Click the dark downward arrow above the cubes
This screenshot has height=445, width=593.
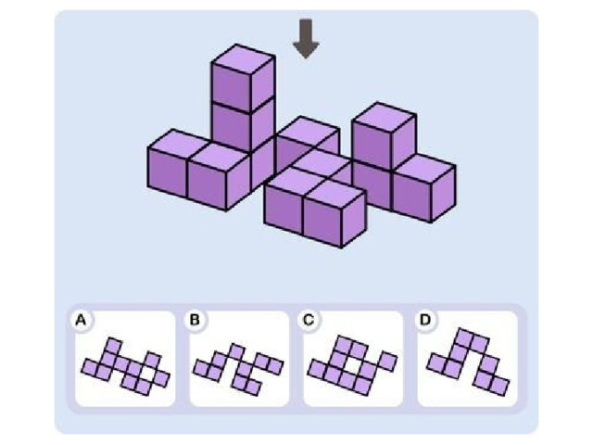tap(306, 39)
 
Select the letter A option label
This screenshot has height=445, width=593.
tap(81, 321)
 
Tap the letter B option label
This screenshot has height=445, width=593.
tap(195, 320)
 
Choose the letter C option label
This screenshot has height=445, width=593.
tap(309, 320)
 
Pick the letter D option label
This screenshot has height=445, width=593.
tap(425, 320)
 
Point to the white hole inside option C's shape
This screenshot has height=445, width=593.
tap(353, 365)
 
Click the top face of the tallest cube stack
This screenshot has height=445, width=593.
tap(243, 58)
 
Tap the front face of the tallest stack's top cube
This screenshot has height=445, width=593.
tap(232, 88)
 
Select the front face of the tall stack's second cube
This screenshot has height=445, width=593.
tap(232, 128)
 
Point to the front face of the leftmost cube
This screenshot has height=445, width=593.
tap(168, 172)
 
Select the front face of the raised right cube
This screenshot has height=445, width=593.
tap(372, 145)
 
